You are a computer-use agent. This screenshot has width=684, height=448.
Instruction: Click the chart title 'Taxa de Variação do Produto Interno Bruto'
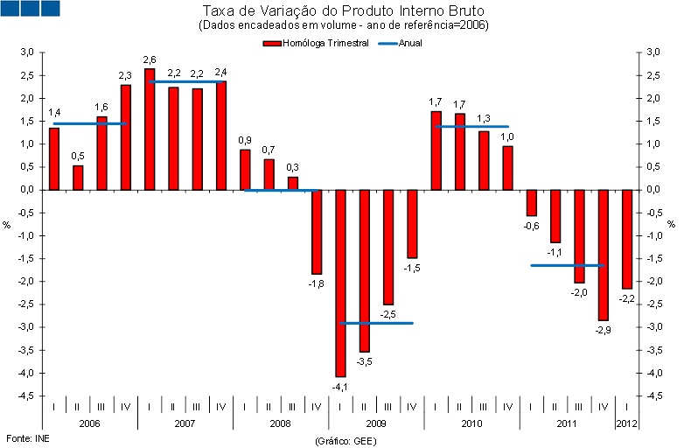coord(344,11)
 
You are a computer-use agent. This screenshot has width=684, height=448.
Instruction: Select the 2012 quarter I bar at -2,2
coord(627,239)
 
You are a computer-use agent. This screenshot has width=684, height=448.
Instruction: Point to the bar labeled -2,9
coord(604,255)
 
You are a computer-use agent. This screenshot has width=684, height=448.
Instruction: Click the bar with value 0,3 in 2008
coord(293,183)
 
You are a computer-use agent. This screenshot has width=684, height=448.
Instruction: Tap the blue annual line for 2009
coord(376,323)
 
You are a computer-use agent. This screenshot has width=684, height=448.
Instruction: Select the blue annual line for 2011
coord(567,265)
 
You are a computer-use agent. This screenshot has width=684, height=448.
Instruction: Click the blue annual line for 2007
coord(185,82)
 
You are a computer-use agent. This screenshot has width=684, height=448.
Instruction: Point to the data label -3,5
coord(365,360)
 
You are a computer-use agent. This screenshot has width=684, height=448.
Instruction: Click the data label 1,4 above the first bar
coord(54,113)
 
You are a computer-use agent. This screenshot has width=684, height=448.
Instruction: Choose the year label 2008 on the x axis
coord(281,423)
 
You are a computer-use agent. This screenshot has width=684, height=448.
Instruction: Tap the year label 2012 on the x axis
coord(627,423)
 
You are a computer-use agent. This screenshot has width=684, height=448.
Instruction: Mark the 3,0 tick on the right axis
coord(651,52)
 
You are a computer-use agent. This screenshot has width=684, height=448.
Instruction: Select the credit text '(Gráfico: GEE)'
coord(344,440)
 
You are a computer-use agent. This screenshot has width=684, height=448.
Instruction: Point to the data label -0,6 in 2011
coord(531,226)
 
